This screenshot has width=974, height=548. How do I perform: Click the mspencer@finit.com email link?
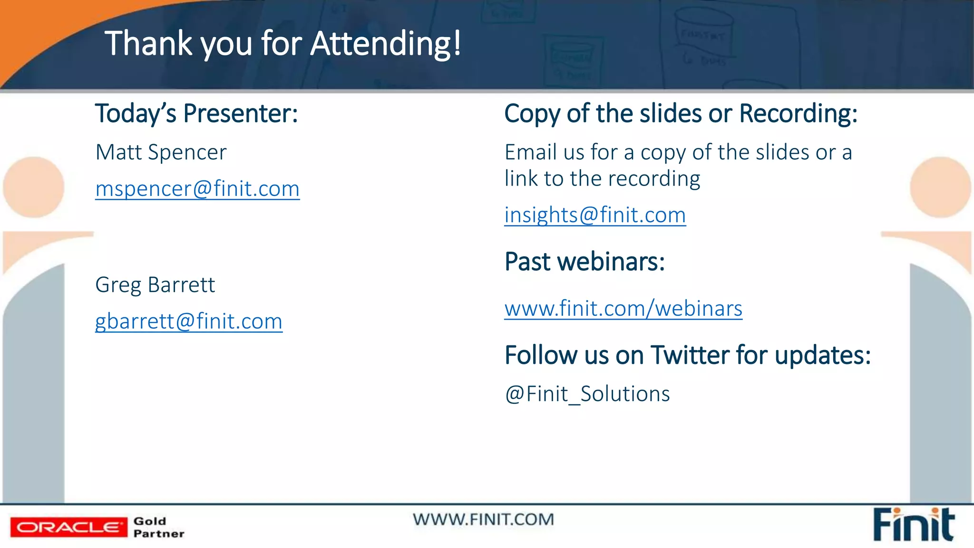pos(197,189)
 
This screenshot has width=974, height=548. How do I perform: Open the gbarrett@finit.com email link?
pos(189,322)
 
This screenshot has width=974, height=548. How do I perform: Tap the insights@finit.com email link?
pos(595,215)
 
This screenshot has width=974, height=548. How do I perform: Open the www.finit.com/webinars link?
pos(623,309)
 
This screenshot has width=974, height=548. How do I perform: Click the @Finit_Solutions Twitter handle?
pos(587,394)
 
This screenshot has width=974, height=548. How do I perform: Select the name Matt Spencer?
pos(161,153)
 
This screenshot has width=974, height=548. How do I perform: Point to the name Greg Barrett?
pos(155,285)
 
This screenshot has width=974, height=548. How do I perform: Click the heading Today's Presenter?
pos(196,114)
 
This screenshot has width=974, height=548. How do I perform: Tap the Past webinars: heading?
pos(584,262)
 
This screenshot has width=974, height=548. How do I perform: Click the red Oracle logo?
pos(69,527)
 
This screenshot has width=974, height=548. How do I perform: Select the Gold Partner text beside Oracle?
pos(158,527)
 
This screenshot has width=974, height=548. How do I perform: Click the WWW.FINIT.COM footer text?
pos(483,519)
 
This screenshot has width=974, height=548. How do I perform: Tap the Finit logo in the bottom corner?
pos(914,525)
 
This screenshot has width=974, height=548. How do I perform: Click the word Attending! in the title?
pos(386,44)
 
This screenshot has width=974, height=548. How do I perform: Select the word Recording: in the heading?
pos(798,114)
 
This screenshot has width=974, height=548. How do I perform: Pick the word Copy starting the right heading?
pos(532,114)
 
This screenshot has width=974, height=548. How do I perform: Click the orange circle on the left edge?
pos(33,187)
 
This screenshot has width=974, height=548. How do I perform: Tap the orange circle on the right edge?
pos(940,187)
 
